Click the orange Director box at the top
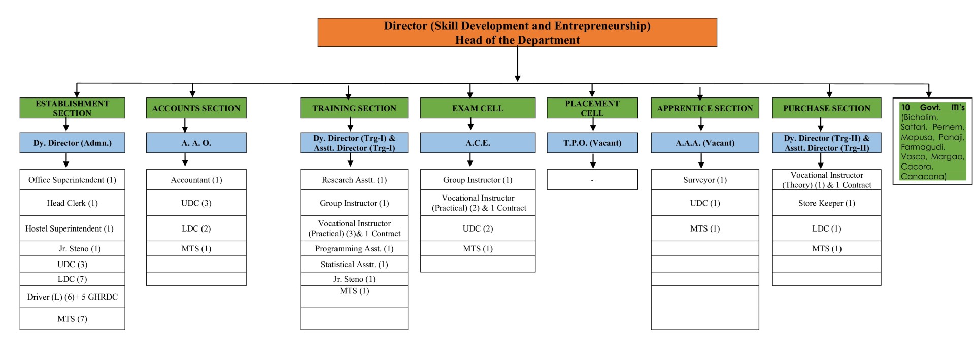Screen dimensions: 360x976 (517, 32)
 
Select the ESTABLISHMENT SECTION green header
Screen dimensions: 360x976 (72, 108)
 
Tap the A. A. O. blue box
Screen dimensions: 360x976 (196, 143)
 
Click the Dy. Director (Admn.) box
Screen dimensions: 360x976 (72, 143)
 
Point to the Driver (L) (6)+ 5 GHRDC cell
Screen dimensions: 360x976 (72, 297)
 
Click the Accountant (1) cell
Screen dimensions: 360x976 (196, 180)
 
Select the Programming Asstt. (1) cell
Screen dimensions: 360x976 (354, 248)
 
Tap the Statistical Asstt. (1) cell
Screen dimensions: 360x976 (354, 264)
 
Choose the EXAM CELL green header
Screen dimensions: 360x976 (477, 108)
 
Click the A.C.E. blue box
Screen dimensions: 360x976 (477, 143)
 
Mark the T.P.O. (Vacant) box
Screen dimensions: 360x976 (592, 143)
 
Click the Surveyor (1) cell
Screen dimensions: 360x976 (704, 180)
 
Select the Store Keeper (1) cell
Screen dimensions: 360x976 (826, 203)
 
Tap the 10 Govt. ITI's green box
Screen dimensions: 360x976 (932, 141)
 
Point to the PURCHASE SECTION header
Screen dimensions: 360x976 (826, 108)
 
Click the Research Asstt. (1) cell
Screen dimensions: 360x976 (354, 180)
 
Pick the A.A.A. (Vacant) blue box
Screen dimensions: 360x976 (704, 143)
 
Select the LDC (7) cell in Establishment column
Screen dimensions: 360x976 (72, 279)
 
